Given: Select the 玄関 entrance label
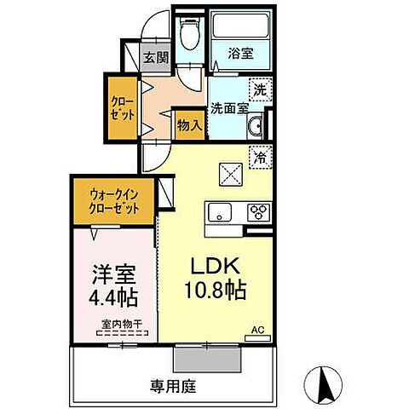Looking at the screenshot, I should pos(155,58).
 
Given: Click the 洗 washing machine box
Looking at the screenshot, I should pos(257,86).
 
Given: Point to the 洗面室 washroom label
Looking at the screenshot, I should pos(228,108).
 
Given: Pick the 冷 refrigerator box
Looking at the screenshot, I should pos(259,157).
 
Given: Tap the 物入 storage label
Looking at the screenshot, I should pos(189,124).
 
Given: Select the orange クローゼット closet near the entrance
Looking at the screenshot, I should pos(121,109).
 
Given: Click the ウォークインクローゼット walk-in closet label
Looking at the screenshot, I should pos(115,201).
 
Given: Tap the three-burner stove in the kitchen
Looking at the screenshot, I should pos(258,211).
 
